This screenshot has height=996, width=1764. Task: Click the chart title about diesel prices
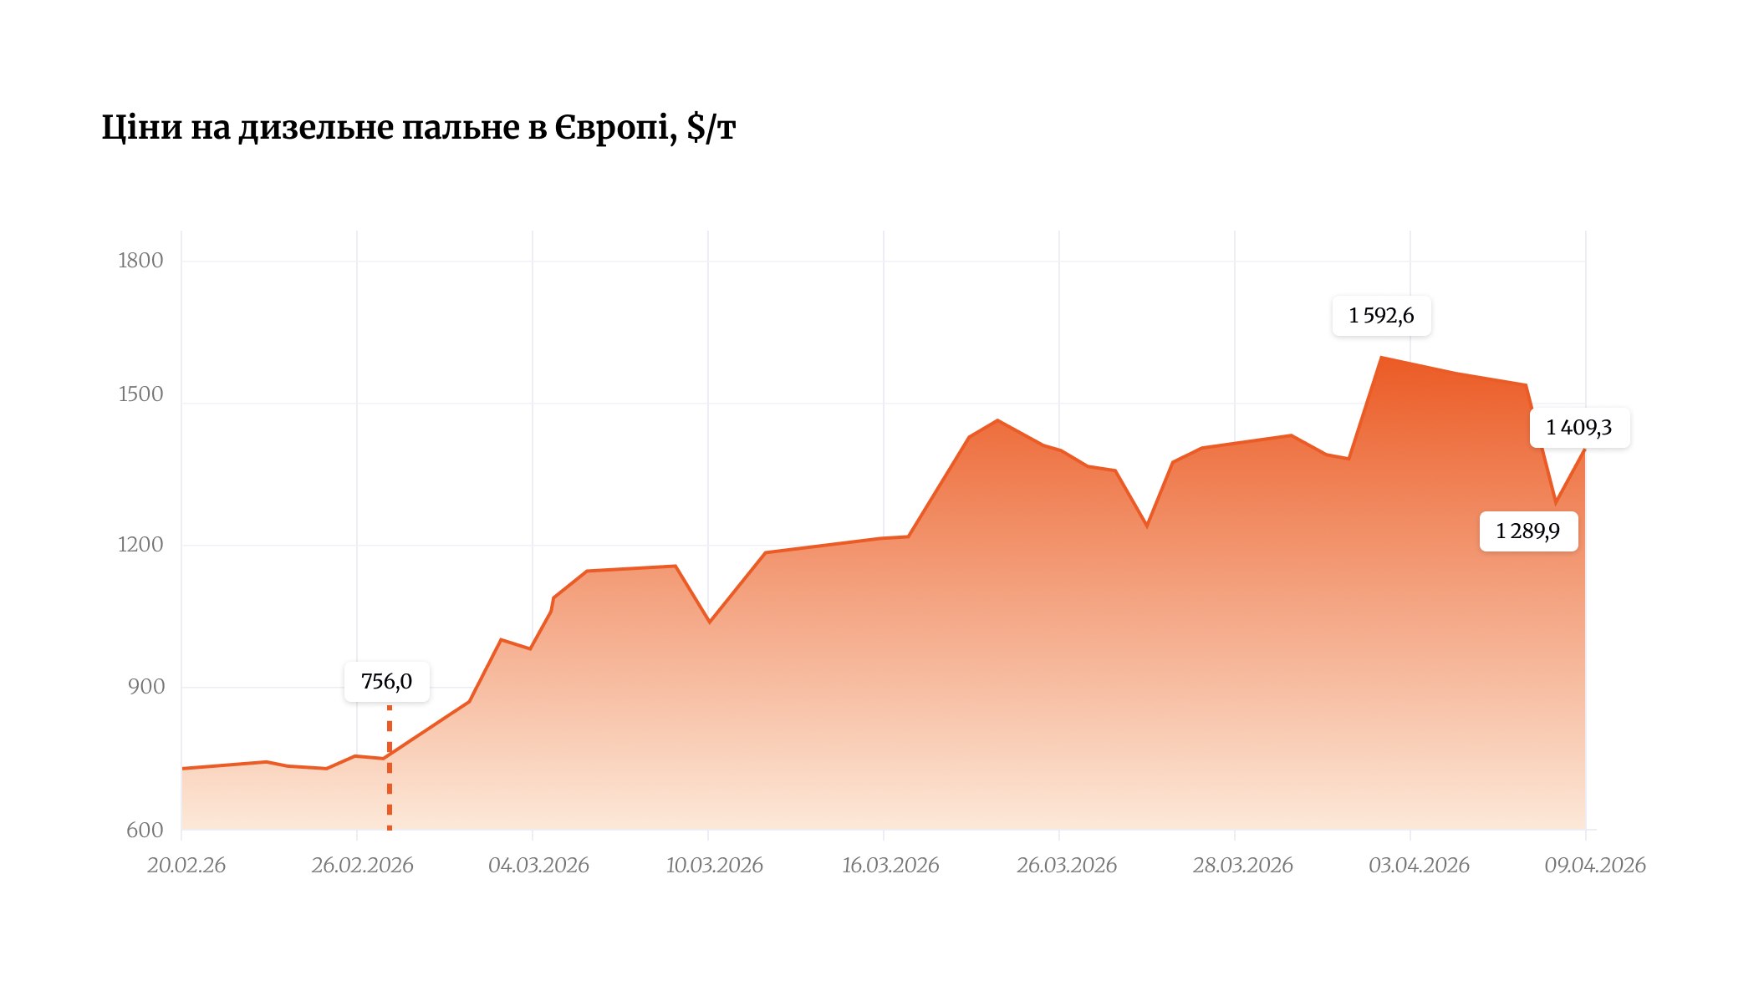point(418,128)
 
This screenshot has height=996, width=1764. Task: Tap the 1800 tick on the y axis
point(140,261)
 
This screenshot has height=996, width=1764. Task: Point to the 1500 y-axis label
point(140,394)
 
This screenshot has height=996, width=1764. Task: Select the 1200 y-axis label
point(140,545)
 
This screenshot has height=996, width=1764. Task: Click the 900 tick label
point(146,687)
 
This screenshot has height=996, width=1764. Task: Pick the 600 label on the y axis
point(145,830)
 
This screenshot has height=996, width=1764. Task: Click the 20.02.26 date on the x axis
point(186,865)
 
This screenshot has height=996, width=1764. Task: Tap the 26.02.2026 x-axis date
point(362,865)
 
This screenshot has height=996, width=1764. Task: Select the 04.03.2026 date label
point(538,865)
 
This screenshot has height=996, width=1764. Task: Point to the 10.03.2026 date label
point(714,865)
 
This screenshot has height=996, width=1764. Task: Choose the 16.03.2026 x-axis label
point(890,865)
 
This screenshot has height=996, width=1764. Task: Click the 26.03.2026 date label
point(1066,865)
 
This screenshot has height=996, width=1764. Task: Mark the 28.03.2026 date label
point(1242,865)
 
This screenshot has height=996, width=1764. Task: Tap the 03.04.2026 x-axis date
point(1419,865)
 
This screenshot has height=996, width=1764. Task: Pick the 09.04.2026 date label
point(1594,865)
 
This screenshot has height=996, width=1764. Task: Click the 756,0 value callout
point(386,682)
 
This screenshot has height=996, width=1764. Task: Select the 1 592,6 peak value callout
point(1381,316)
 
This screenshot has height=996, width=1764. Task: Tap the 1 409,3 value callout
point(1578,428)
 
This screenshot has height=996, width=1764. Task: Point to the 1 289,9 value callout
point(1527,531)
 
